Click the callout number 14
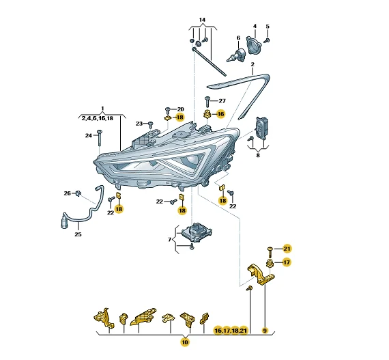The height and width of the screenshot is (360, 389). (x=202, y=20)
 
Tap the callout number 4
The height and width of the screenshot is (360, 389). (x=255, y=26)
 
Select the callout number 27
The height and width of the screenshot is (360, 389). (x=222, y=101)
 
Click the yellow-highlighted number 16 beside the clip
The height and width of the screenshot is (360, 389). (x=220, y=114)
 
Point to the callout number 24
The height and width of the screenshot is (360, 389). (x=89, y=135)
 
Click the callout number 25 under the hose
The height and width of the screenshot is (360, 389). (x=78, y=234)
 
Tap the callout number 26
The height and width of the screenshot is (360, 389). (x=68, y=193)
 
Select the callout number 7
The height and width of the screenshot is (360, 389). (x=170, y=240)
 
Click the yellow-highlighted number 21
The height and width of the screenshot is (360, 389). (x=287, y=249)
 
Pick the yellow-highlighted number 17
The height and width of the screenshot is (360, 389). (x=287, y=262)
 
